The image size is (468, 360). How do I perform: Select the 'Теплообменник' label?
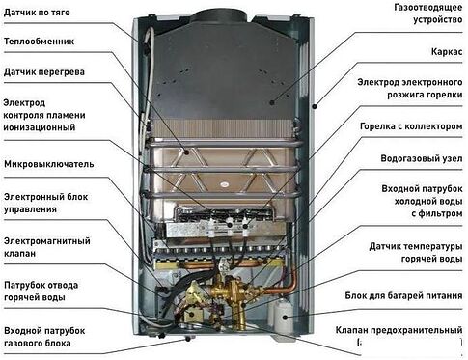[x=41, y=42]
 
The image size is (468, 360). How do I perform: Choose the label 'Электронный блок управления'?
[x=44, y=200]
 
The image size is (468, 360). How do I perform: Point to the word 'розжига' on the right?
[x=397, y=96]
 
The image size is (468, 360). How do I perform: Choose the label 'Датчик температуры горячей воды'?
[x=406, y=255]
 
